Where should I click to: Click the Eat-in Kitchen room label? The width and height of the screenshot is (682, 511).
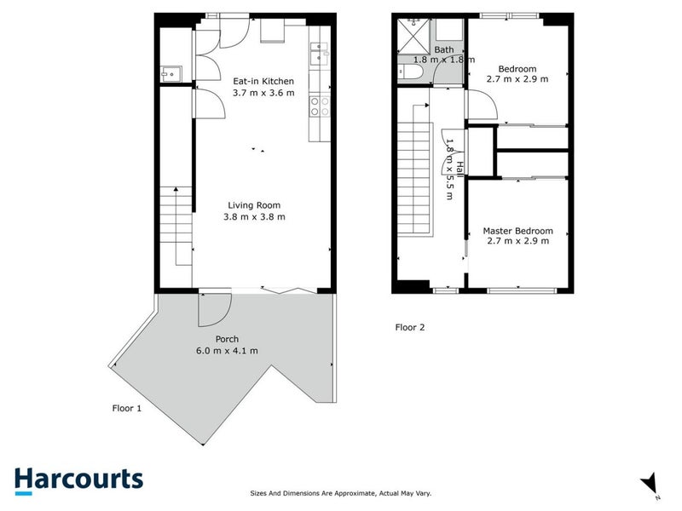tap(263, 82)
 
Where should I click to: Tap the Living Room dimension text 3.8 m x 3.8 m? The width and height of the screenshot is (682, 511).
tap(254, 216)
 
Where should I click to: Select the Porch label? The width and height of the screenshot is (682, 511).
tap(226, 339)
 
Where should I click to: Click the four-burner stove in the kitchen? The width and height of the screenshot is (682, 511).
tap(319, 106)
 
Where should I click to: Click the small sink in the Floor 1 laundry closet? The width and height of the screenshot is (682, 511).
tap(169, 74)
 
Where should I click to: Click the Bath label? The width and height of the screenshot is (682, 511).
tap(444, 50)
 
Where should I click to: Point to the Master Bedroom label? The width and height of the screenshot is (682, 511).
tap(517, 231)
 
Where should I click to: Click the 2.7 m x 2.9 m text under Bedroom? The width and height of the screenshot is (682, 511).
tap(517, 79)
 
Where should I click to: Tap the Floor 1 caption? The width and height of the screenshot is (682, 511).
tap(127, 408)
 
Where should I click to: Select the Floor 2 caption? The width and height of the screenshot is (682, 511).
tap(409, 327)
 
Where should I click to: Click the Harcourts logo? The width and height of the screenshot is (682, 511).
tap(78, 479)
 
